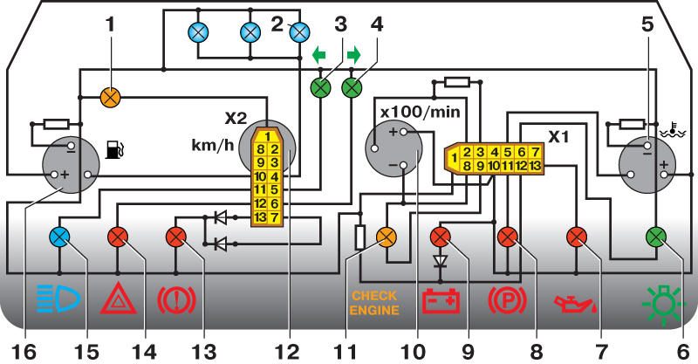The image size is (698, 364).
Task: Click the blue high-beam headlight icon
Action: tap(58, 298)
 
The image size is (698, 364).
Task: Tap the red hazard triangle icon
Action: tap(118, 298)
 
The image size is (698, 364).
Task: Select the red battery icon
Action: tap(441, 300)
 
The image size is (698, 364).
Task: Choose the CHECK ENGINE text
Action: tap(374, 303)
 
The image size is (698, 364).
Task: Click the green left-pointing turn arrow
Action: tap(318, 55)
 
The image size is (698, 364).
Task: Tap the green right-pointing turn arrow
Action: tap(353, 55)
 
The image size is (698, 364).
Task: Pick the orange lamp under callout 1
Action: tap(111, 97)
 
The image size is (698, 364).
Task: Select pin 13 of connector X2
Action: tap(260, 217)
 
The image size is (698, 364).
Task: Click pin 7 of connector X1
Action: tap(535, 152)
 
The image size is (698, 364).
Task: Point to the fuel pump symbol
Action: tap(115, 149)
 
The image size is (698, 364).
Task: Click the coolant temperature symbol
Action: tap(672, 129)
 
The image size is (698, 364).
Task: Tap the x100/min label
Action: tap(421, 112)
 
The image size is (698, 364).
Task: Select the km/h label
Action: tap(212, 145)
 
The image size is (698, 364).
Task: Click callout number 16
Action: tap(24, 352)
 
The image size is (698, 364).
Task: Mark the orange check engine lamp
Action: tap(386, 237)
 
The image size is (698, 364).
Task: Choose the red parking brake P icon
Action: tap(508, 300)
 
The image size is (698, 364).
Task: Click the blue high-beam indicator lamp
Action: tap(59, 237)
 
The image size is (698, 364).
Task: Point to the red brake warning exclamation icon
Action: tap(177, 300)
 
